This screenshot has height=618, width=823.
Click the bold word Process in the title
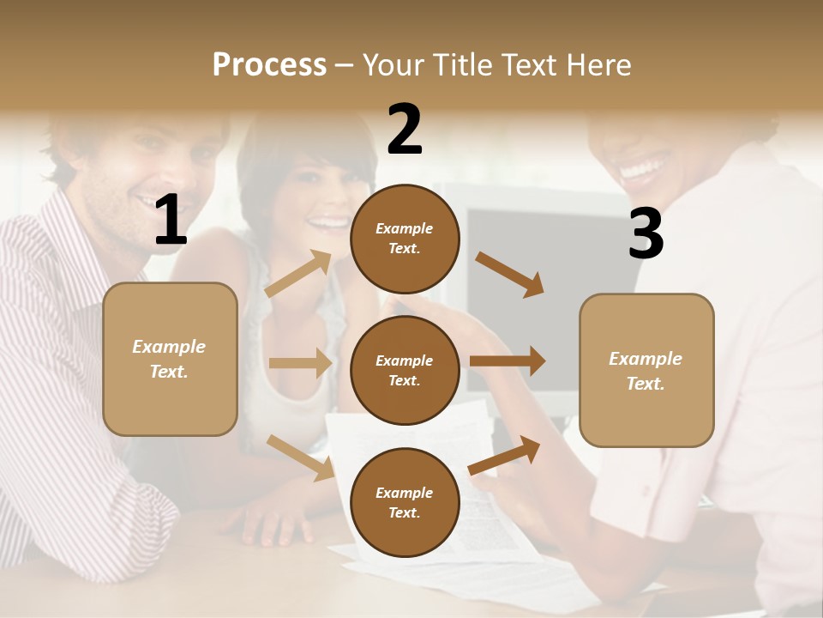point(269,64)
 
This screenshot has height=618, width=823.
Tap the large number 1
point(171,221)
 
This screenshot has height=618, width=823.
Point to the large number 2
point(405,129)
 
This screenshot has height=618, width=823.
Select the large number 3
point(646,234)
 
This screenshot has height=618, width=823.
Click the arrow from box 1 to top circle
point(299,273)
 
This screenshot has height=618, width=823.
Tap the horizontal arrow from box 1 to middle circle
point(300,363)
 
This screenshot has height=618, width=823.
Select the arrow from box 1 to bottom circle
point(300,457)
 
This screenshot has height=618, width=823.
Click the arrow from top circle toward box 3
point(510,275)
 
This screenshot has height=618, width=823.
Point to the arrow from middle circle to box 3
point(507,361)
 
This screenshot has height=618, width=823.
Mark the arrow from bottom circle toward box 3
point(505,455)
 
